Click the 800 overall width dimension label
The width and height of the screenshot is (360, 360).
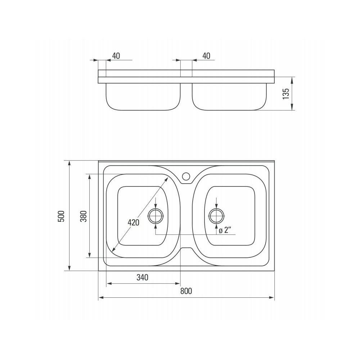click(x=186, y=291)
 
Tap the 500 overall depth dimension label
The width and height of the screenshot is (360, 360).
click(x=61, y=216)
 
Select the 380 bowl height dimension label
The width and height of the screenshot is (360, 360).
click(x=84, y=216)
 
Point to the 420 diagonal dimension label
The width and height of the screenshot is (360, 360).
click(x=134, y=222)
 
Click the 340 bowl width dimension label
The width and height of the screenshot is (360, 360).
click(x=142, y=277)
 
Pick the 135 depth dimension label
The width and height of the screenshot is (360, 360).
click(x=286, y=94)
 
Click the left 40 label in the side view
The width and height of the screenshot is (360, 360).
click(x=116, y=56)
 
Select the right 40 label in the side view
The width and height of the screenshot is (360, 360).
click(x=206, y=56)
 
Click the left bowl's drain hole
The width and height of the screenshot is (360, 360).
click(x=156, y=216)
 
